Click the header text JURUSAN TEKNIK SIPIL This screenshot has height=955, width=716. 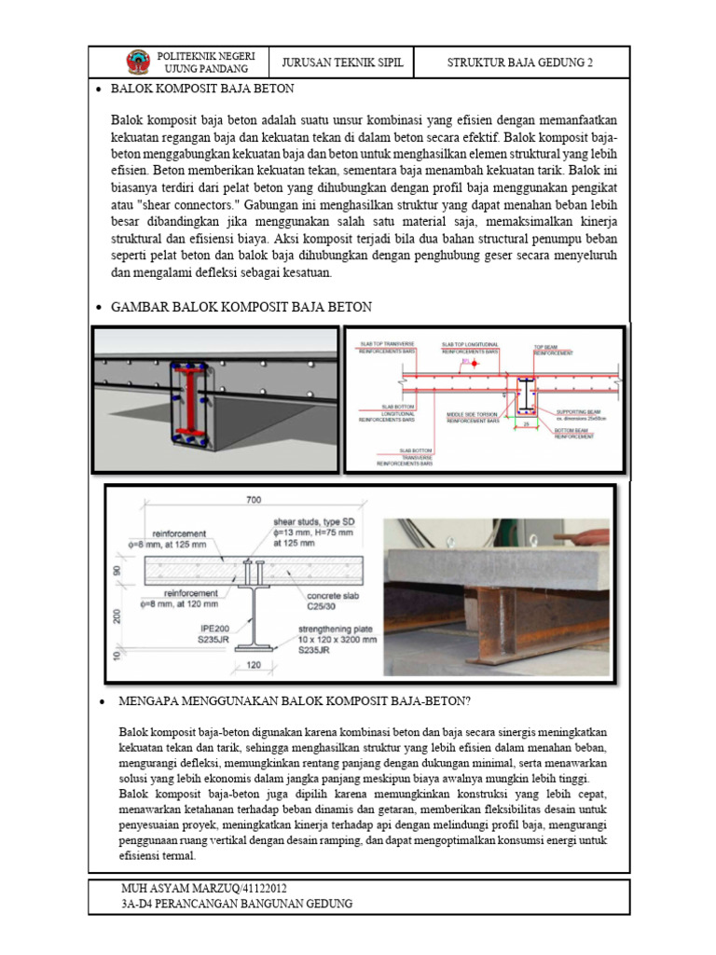click(337, 62)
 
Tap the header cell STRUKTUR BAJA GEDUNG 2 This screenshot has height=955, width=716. click(520, 62)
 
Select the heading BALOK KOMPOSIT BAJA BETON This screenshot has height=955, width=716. click(202, 90)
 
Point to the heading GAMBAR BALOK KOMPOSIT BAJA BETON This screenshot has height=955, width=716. click(241, 307)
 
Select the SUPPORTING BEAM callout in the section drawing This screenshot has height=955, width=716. click(581, 413)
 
